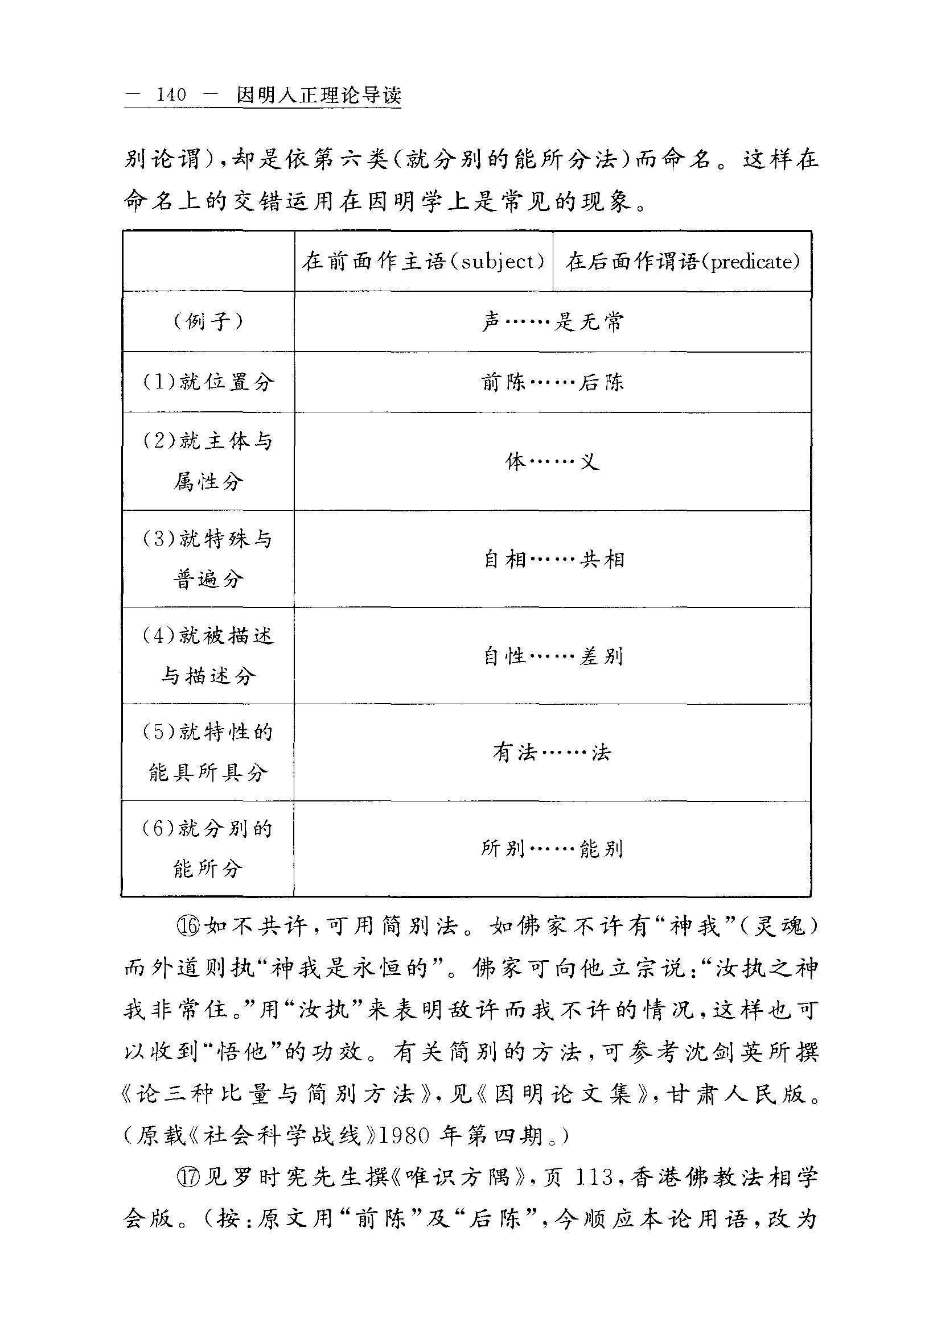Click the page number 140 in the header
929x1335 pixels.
[171, 95]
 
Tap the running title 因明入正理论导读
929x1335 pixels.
[318, 96]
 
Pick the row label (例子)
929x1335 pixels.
[208, 321]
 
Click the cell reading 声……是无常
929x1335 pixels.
[552, 321]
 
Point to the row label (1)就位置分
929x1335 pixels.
[208, 382]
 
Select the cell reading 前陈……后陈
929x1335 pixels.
[552, 382]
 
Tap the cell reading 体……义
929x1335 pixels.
[552, 462]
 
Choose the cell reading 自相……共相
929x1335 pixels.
[553, 559]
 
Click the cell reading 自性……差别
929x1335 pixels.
[553, 656]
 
